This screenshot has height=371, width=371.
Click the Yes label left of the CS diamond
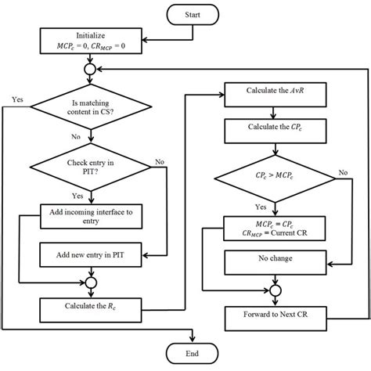(x=18, y=99)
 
